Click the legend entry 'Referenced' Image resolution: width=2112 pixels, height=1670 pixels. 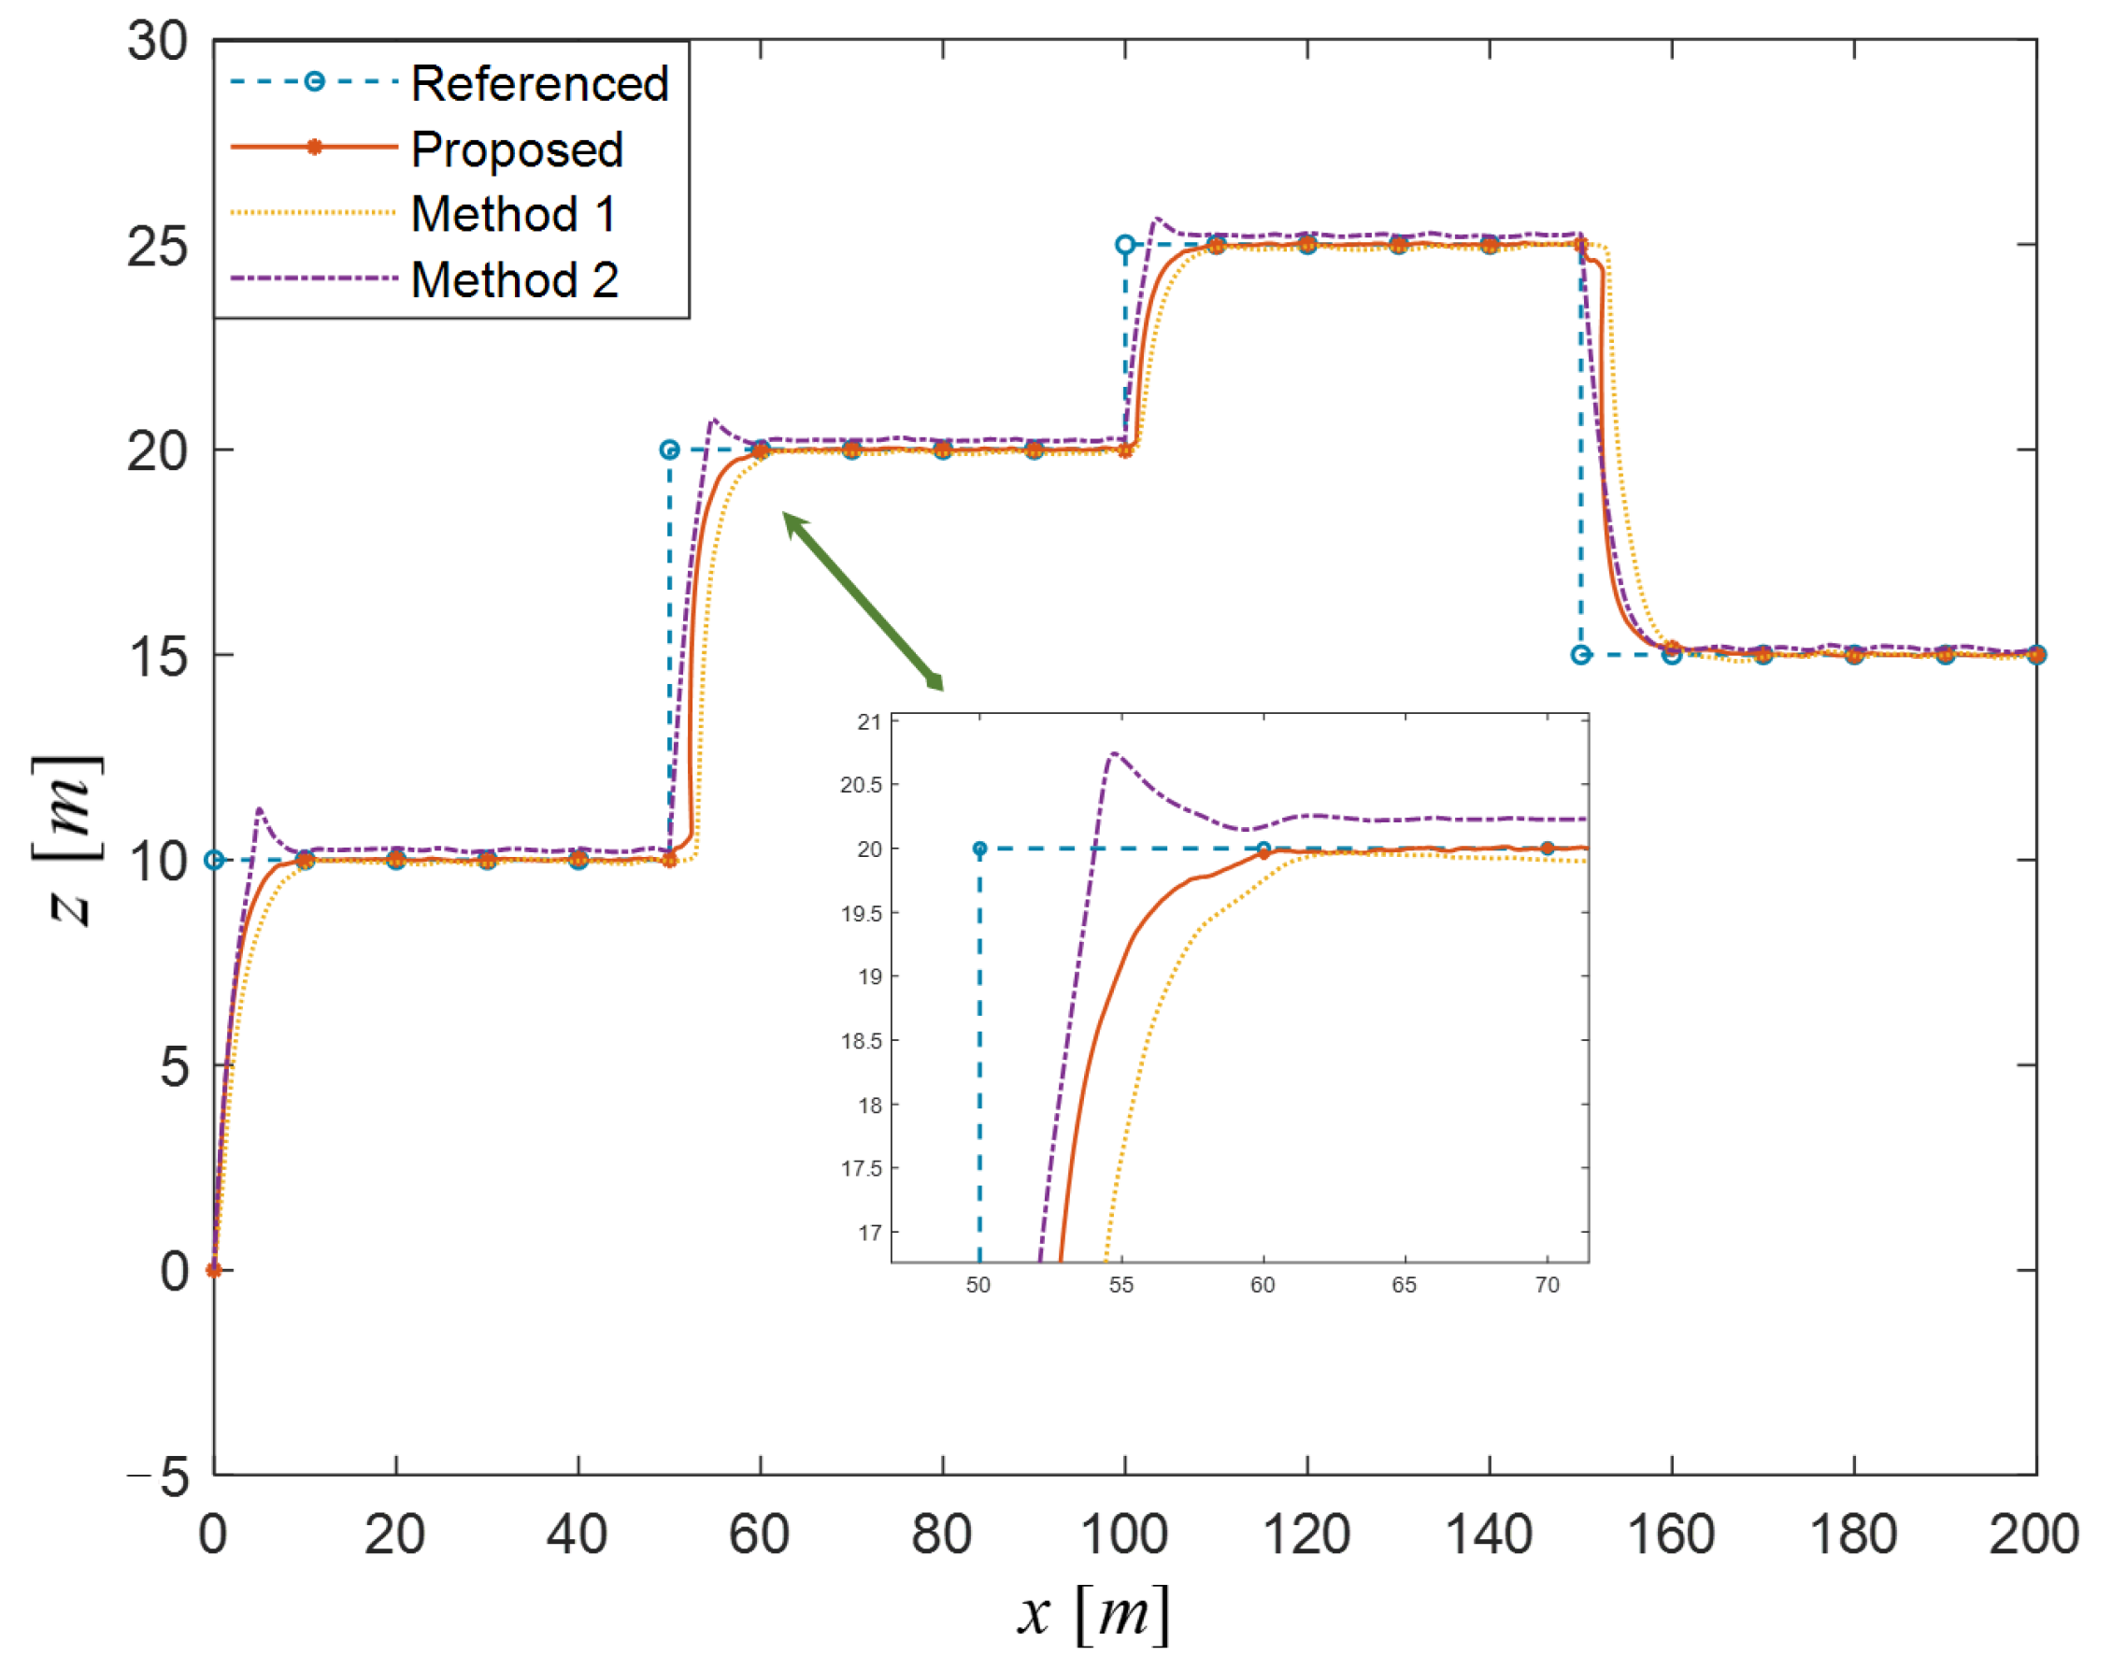coord(539,83)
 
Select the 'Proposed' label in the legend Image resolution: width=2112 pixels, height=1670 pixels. coord(516,150)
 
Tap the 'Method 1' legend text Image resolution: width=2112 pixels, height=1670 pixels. coord(513,214)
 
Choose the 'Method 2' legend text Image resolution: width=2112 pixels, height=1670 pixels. coord(514,280)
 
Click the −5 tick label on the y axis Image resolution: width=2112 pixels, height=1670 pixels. coord(159,1477)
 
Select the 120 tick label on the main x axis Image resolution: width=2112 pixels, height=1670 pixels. coord(1306,1534)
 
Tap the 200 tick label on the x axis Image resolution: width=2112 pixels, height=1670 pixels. coord(2033,1534)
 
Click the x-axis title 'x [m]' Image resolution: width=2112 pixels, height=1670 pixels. coord(1093,1613)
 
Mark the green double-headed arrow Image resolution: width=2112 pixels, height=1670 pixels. coord(863,601)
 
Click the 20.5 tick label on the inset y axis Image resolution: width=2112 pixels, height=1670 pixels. coord(861,785)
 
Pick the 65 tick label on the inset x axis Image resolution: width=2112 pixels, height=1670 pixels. coord(1404,1285)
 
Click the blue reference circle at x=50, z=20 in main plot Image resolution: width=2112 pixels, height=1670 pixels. coord(669,450)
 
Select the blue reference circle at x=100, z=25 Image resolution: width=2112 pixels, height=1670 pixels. coord(1125,245)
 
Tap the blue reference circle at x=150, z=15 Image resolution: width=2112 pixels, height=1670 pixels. coord(1580,655)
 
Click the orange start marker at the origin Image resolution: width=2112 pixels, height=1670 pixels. coord(213,1270)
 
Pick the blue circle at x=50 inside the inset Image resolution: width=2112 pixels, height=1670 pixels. coord(979,849)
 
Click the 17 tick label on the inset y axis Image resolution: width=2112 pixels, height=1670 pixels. coord(869,1233)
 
